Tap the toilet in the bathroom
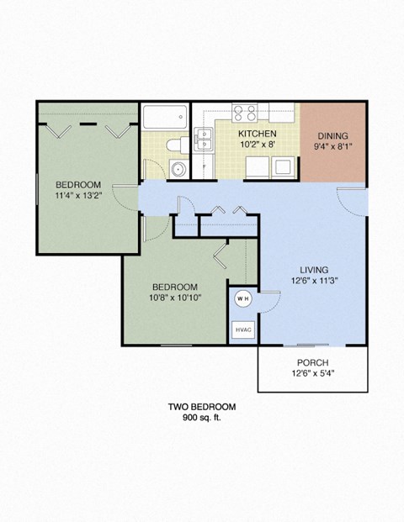pyautogui.click(x=174, y=145)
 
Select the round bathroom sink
pyautogui.click(x=177, y=169)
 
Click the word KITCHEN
pyautogui.click(x=256, y=134)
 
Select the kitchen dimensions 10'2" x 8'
pyautogui.click(x=256, y=144)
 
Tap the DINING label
pyautogui.click(x=334, y=136)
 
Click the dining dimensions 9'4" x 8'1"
pyautogui.click(x=334, y=147)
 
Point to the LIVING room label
pyautogui.click(x=313, y=270)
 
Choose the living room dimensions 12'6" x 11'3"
pyautogui.click(x=313, y=281)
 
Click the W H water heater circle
pyautogui.click(x=242, y=298)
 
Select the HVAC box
pyautogui.click(x=242, y=330)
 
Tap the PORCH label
pyautogui.click(x=312, y=362)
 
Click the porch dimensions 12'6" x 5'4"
pyautogui.click(x=312, y=373)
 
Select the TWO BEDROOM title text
pyautogui.click(x=201, y=407)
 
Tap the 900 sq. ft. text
pyautogui.click(x=201, y=418)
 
